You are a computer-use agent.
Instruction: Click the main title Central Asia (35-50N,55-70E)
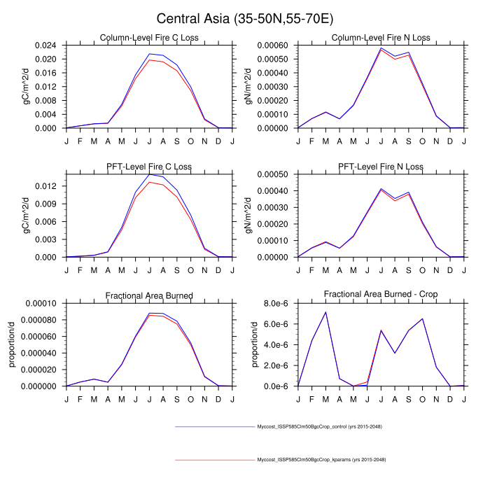click(x=245, y=19)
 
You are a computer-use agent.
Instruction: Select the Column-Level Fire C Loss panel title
click(x=149, y=37)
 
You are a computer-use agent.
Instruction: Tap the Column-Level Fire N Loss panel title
click(x=381, y=37)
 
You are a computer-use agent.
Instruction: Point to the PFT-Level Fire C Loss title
click(x=149, y=167)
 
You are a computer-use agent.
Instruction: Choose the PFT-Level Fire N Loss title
click(x=381, y=167)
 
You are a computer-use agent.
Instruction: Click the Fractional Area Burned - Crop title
click(x=381, y=295)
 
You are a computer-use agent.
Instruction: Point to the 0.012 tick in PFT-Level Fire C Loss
click(x=48, y=186)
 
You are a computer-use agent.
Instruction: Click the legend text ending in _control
click(x=320, y=426)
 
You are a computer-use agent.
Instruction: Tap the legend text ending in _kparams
click(x=321, y=459)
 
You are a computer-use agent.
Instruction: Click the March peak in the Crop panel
click(x=325, y=312)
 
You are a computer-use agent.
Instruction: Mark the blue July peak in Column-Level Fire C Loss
click(x=149, y=54)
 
